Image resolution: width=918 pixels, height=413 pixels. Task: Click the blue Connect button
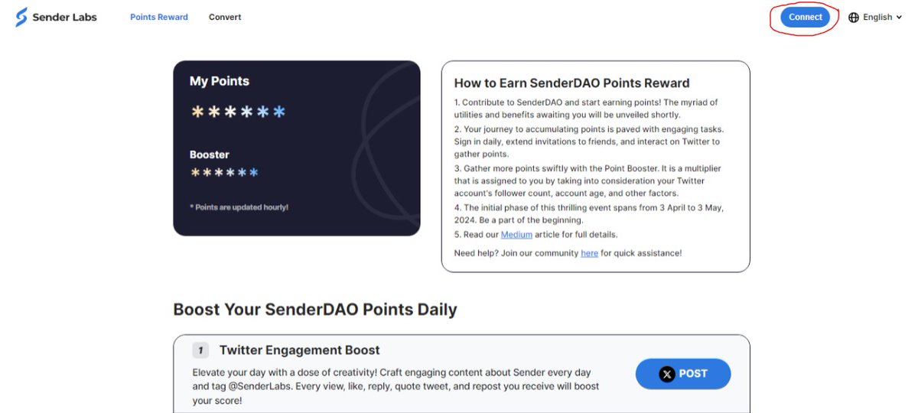(x=805, y=17)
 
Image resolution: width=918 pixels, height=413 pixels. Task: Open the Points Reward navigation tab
(x=159, y=17)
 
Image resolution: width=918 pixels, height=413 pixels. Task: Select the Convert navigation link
(x=225, y=17)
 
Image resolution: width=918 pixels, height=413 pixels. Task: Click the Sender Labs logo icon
(x=21, y=17)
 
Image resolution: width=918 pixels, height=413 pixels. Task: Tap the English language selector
(x=877, y=17)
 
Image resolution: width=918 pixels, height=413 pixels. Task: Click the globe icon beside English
(x=854, y=18)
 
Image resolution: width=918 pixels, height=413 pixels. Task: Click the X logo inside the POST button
(x=668, y=374)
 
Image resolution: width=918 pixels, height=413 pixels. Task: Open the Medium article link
(x=516, y=234)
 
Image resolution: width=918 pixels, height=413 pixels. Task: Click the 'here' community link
(x=589, y=253)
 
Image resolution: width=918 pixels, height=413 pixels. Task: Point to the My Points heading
(x=220, y=81)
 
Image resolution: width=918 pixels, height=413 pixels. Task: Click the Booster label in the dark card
(x=210, y=154)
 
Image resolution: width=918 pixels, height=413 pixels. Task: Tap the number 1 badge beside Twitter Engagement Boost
(x=200, y=350)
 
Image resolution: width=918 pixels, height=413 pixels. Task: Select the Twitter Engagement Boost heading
(x=299, y=350)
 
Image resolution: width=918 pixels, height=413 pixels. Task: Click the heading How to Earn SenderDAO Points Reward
(x=571, y=83)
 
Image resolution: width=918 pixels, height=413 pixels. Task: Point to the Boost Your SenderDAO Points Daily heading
(x=315, y=310)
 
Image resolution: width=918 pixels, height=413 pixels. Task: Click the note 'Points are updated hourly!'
(x=239, y=207)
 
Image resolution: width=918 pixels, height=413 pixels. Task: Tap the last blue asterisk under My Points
(x=279, y=112)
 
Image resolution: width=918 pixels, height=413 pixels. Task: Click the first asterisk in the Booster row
(x=196, y=172)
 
